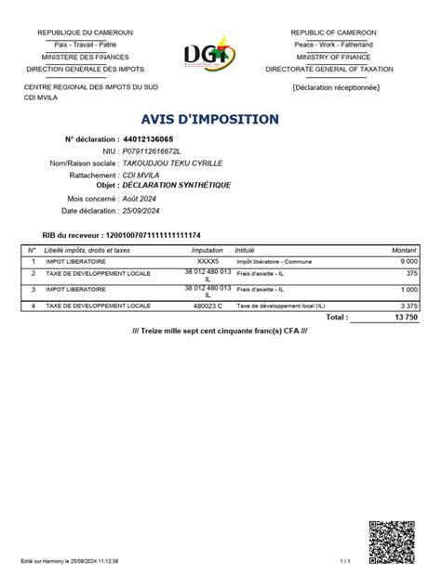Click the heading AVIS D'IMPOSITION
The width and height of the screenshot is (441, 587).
(x=209, y=119)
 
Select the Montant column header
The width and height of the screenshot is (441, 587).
(x=404, y=251)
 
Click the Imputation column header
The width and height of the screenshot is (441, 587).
(x=207, y=251)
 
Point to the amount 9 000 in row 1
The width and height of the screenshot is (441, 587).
(x=406, y=262)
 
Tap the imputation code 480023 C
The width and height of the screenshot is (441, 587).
(x=207, y=305)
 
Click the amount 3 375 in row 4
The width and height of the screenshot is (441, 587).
(x=406, y=305)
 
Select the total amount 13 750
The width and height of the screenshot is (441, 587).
(x=403, y=317)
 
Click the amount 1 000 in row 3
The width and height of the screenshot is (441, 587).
(x=406, y=291)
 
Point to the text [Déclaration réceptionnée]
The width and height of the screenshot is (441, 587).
(x=335, y=88)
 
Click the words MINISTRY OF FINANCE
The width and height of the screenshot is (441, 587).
(x=332, y=57)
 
